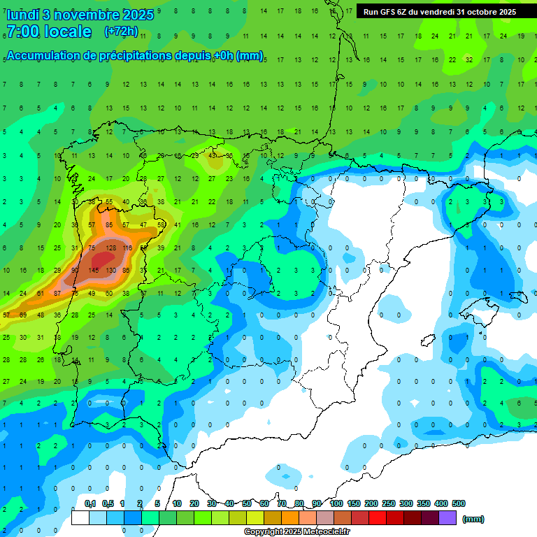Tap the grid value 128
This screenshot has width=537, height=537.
coord(110,248)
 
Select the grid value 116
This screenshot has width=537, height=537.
coord(127,248)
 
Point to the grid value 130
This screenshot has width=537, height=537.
coord(110,270)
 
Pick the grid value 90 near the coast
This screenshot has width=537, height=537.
coord(75,270)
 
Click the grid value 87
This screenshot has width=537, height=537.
coord(57,293)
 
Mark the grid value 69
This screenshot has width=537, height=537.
coord(22,315)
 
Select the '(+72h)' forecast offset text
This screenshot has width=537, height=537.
coord(121,31)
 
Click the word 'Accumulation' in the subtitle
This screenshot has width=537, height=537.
coord(48,55)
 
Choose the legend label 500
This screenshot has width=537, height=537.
coord(459,503)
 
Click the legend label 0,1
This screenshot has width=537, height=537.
coord(90,503)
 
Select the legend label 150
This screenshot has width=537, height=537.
coord(354,503)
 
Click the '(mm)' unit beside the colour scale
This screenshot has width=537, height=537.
coord(473,519)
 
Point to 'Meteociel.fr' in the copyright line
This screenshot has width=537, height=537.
coord(327,532)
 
